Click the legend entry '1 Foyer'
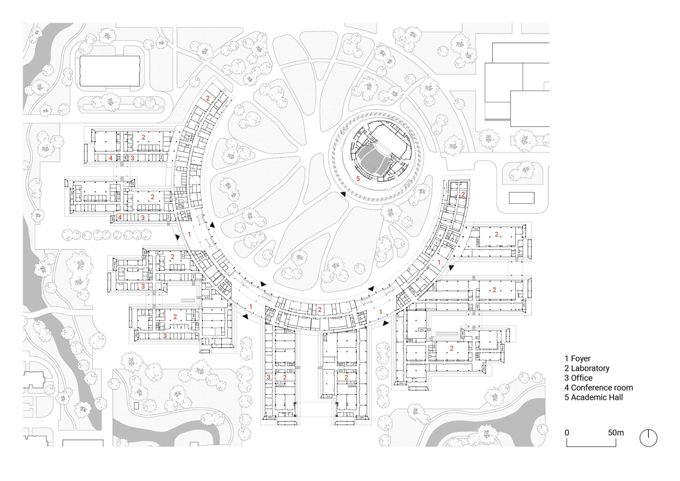point(577,359)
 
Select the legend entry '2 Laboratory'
point(587,368)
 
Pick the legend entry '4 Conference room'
point(598,387)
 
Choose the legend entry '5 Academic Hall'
point(593,397)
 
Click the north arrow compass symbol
point(649,438)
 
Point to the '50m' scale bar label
point(616,432)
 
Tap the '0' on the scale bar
point(567,432)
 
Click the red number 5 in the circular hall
point(358,178)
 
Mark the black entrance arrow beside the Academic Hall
point(343,194)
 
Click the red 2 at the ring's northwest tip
point(208,98)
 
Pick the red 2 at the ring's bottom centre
point(319,310)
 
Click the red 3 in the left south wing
point(268,377)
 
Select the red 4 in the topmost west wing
point(111,157)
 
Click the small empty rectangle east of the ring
point(522,198)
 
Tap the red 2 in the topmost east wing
point(496,235)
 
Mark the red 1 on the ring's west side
point(189,234)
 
